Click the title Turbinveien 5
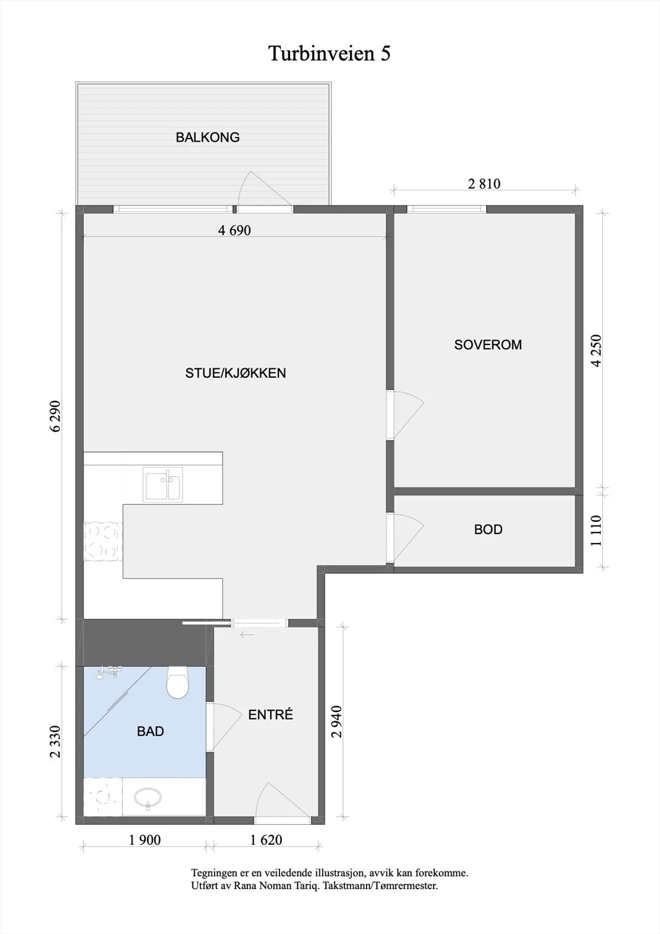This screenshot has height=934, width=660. point(329,53)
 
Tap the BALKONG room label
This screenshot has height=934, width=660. point(208,137)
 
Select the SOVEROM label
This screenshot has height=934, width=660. point(488,345)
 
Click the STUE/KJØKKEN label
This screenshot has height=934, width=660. point(236,373)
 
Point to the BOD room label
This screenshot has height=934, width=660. point(488,529)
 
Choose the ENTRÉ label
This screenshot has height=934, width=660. point(271,715)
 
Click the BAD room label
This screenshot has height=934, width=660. point(151,731)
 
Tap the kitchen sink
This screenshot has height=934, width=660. point(162,484)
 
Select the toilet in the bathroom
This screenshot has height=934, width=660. point(177,682)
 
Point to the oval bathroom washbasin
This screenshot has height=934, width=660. point(148,798)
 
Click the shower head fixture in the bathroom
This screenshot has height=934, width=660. point(107,672)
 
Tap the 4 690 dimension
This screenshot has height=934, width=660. point(235,231)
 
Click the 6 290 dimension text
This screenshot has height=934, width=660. point(55,416)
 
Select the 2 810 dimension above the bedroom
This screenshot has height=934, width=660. point(484,184)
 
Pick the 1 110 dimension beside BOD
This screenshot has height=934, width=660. point(596,531)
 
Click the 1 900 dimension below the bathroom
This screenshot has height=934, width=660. point(145,840)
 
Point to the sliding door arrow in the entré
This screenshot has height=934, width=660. point(247,635)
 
